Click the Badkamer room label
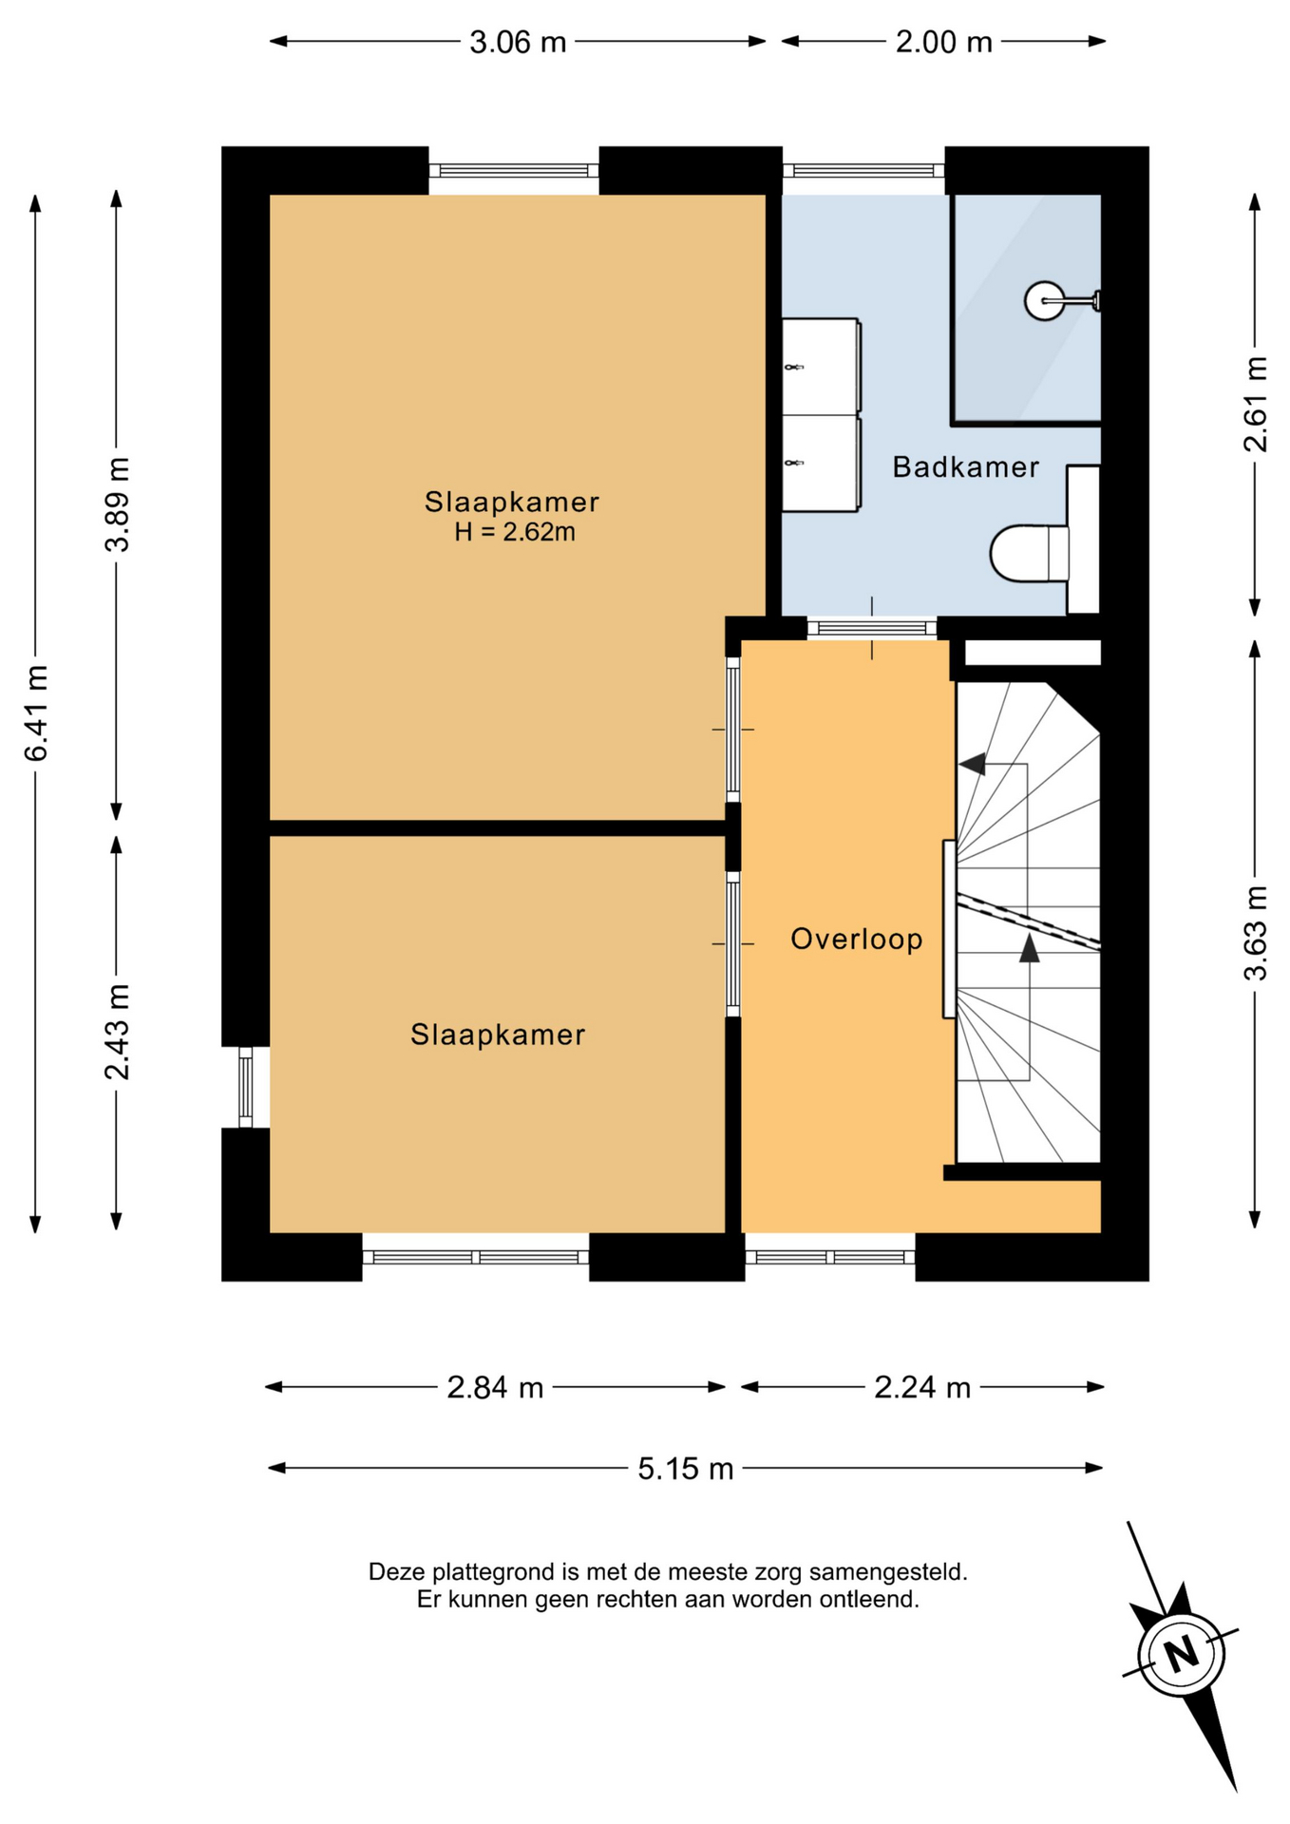[965, 466]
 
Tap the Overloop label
[857, 940]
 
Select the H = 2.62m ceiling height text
[515, 532]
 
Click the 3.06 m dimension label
[518, 42]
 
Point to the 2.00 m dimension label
[944, 42]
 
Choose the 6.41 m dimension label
[36, 712]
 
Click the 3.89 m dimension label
[117, 503]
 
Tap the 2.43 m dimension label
[117, 1033]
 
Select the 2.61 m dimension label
[1255, 404]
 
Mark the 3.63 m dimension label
[1255, 933]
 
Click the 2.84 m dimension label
[495, 1388]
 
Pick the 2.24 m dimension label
[922, 1388]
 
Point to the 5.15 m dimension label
[685, 1469]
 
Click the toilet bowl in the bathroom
[1029, 553]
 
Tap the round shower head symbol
[1045, 301]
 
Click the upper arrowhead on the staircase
[972, 764]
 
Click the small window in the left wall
[245, 1087]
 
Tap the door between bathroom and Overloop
[872, 628]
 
